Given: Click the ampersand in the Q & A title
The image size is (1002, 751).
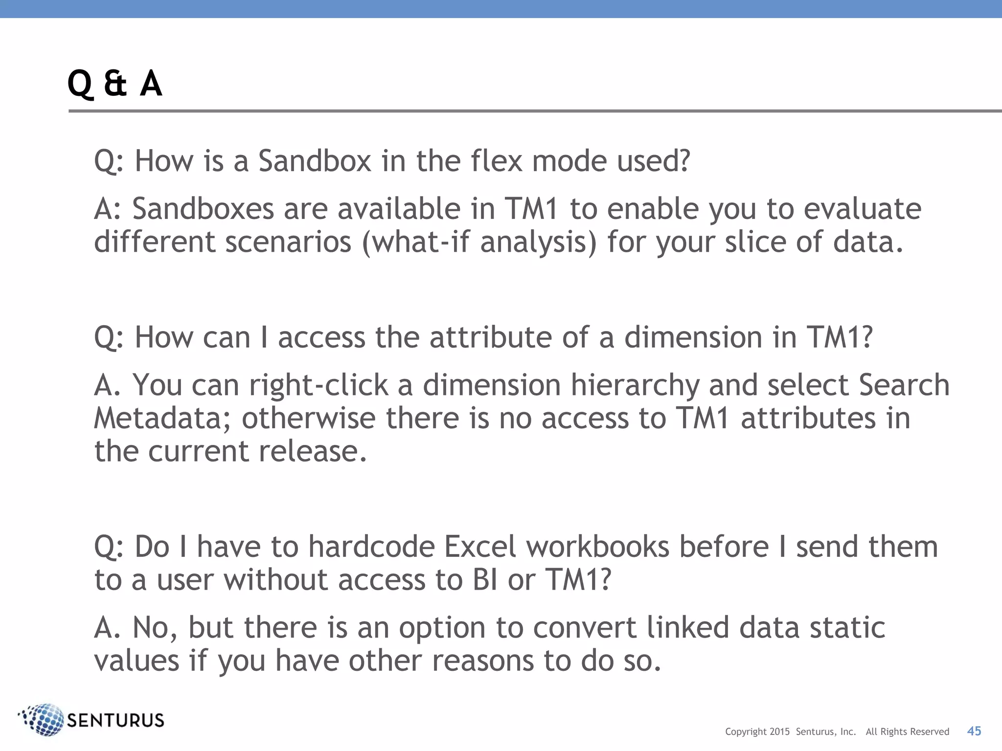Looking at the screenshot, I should (115, 83).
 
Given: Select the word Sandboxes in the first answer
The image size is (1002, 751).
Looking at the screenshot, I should (203, 209).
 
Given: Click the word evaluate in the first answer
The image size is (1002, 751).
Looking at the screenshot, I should (863, 209).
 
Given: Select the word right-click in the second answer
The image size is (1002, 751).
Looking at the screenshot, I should (319, 385).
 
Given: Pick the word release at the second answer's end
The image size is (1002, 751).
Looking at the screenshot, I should (312, 451).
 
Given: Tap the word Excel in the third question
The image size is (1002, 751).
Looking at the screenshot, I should (480, 547).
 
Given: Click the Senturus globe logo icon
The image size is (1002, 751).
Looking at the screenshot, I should (43, 720).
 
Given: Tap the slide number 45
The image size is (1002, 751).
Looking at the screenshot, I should (974, 731).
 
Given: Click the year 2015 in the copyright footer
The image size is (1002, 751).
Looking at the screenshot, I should (779, 732).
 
